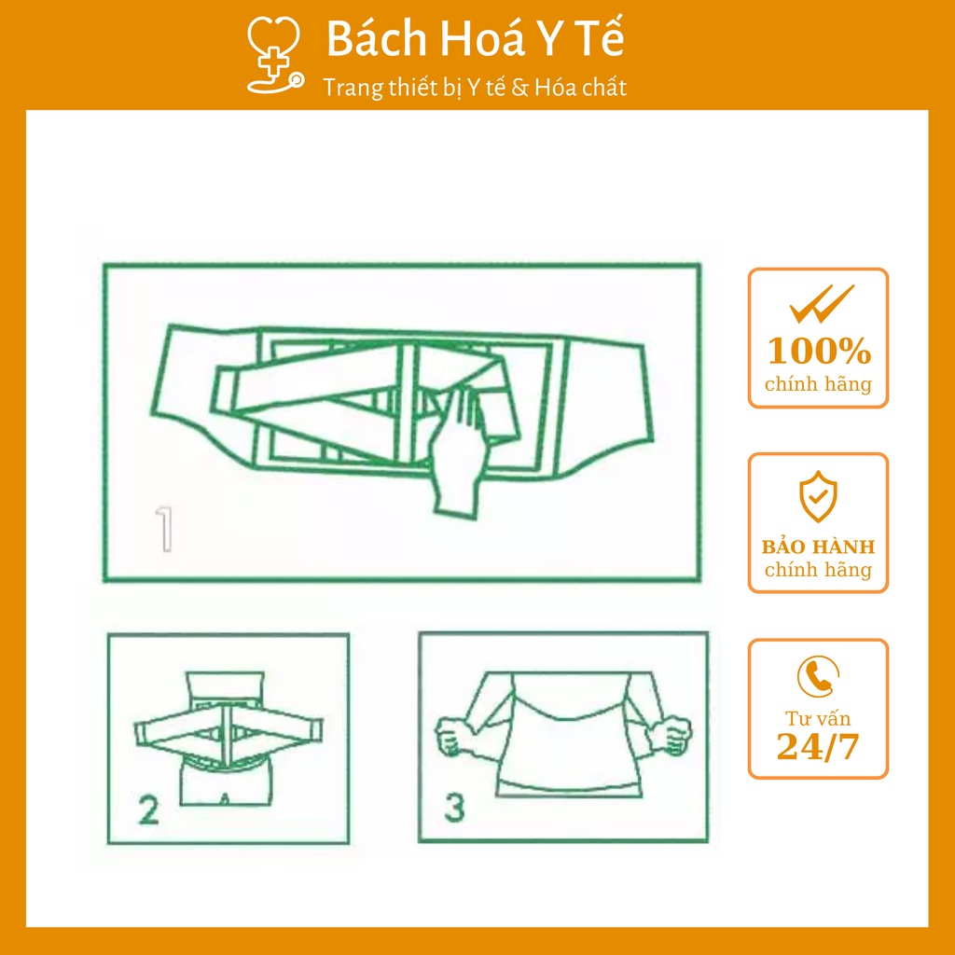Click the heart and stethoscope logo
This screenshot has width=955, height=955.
tap(275, 55)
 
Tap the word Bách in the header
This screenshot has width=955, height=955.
tap(377, 39)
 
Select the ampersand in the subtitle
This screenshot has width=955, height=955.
tap(519, 89)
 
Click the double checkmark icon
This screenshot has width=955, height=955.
tap(822, 303)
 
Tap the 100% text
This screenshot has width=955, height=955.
tap(819, 352)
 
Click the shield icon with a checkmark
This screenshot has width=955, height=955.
tap(818, 496)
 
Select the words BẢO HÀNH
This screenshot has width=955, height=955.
tap(818, 547)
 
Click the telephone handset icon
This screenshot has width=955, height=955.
tap(818, 676)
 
